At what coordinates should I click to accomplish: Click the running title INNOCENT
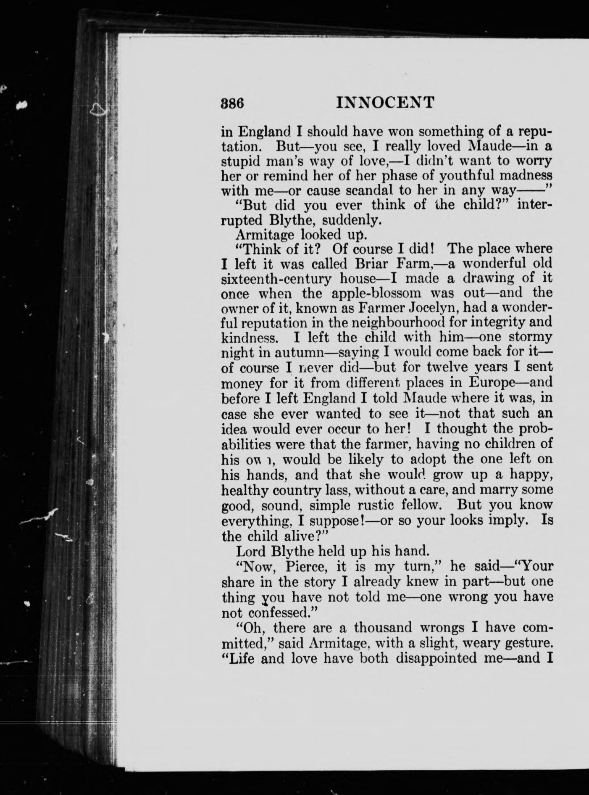coord(385,103)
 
